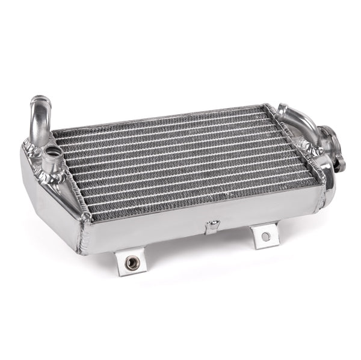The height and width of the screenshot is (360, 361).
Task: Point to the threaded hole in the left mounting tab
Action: point(129,263)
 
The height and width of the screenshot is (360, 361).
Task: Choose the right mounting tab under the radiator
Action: point(265,235)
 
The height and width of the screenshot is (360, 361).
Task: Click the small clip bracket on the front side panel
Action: point(212,227)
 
